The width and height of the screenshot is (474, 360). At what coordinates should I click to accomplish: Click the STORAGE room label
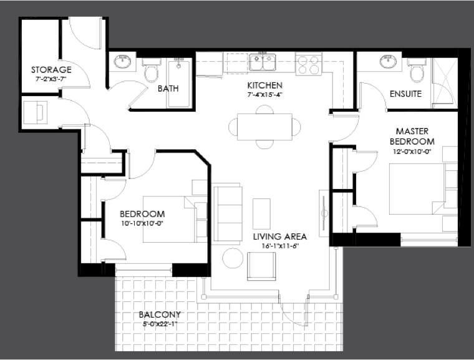[x=51, y=70]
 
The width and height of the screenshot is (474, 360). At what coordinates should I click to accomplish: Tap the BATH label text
[x=168, y=89]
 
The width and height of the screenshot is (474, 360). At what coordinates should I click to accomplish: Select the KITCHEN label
[x=265, y=85]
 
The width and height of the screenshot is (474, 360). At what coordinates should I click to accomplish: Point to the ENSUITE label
[x=405, y=94]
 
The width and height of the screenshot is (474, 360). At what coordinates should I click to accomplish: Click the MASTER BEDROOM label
[x=412, y=136]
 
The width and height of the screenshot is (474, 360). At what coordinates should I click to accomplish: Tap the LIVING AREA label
[x=280, y=236]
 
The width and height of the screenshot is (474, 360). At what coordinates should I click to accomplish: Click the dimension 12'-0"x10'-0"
[x=412, y=152]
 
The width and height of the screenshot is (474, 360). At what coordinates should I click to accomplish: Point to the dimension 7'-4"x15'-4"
[x=264, y=95]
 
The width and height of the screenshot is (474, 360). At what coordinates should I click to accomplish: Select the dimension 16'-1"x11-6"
[x=280, y=246]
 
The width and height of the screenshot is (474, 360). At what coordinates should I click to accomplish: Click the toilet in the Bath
[x=151, y=70]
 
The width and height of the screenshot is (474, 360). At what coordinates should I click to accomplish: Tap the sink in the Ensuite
[x=388, y=62]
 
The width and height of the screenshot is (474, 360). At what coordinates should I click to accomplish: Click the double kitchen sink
[x=263, y=62]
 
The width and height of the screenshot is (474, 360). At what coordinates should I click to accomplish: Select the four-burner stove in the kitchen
[x=309, y=64]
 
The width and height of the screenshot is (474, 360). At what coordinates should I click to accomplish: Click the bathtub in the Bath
[x=179, y=82]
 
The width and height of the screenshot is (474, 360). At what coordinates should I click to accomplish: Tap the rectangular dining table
[x=264, y=127]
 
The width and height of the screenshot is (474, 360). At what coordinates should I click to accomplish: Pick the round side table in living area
[x=233, y=258]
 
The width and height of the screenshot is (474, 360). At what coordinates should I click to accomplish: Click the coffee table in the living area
[x=261, y=214]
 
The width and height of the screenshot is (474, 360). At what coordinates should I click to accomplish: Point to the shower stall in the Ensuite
[x=444, y=83]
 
